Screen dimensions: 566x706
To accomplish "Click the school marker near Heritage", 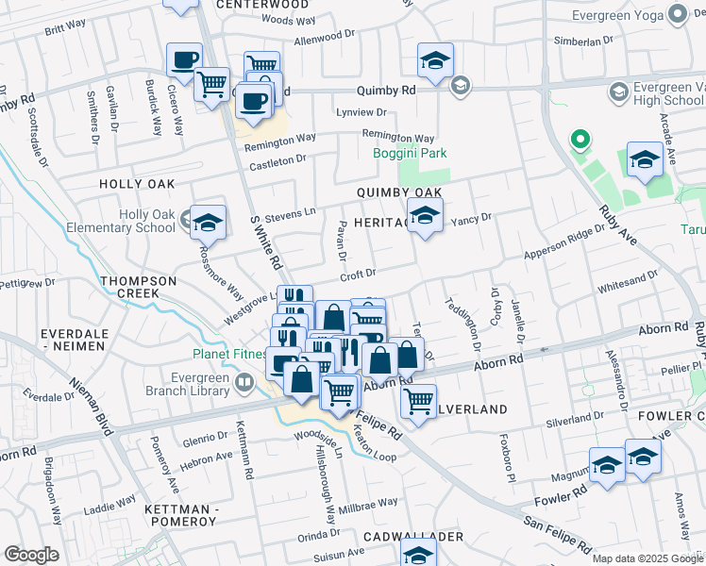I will click(425, 216).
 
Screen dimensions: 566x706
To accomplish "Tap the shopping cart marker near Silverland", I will click(417, 400).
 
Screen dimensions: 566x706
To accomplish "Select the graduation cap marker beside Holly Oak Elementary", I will click(209, 223).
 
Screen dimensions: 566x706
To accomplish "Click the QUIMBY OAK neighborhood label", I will click(399, 192).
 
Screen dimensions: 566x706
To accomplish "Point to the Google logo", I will click(31, 555).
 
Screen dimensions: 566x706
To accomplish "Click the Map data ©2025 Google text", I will click(647, 558).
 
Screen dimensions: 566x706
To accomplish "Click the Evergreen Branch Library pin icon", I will click(244, 382).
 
